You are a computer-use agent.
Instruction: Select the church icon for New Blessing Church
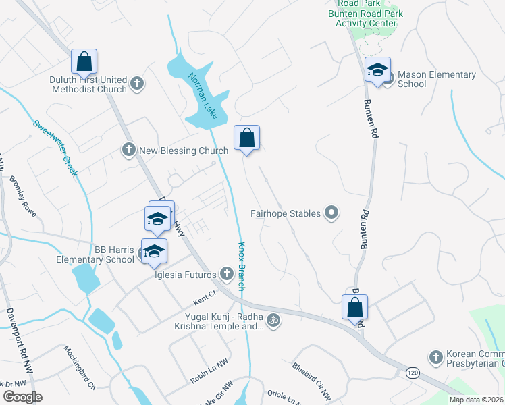pyautogui.click(x=129, y=151)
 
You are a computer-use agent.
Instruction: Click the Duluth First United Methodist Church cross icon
pyautogui.click(x=137, y=84)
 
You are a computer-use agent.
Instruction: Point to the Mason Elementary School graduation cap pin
pyautogui.click(x=377, y=69)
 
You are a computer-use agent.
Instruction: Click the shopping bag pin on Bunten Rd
pyautogui.click(x=355, y=308)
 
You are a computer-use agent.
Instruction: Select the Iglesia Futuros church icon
pyautogui.click(x=228, y=274)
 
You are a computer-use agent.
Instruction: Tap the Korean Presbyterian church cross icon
pyautogui.click(x=435, y=356)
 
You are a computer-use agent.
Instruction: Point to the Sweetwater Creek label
pyautogui.click(x=56, y=148)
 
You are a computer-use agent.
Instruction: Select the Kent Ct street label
pyautogui.click(x=203, y=294)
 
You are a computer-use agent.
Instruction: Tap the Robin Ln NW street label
pyautogui.click(x=209, y=371)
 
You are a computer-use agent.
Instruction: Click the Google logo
pyautogui.click(x=22, y=397)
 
